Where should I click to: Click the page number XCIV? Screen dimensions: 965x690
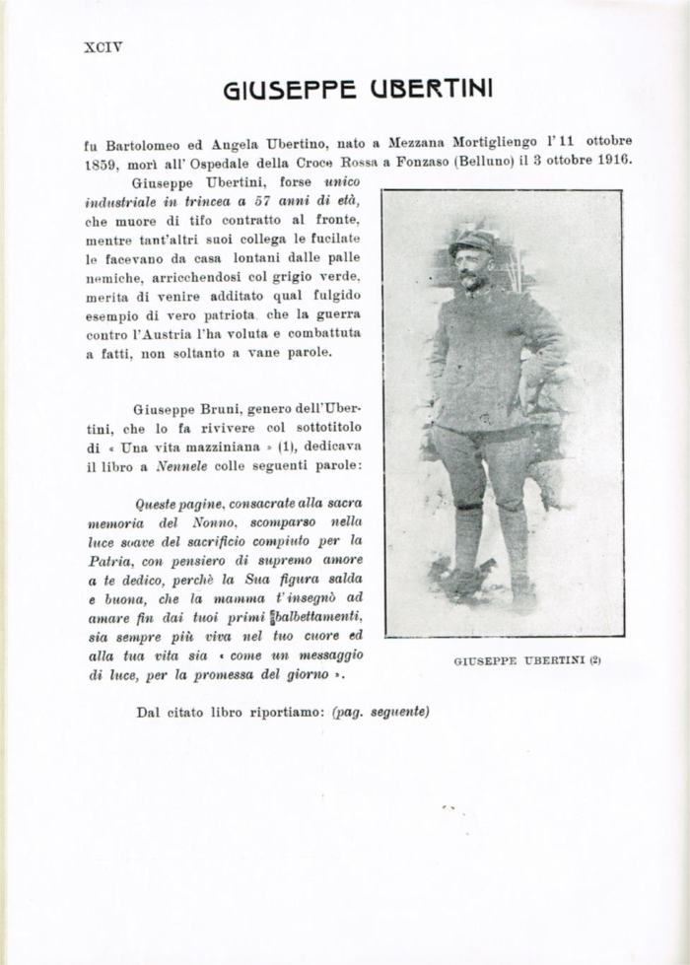[103, 45]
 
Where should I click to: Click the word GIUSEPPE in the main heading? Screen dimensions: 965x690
[289, 91]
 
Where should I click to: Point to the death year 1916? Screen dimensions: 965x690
[610, 161]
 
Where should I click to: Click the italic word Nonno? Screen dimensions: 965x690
[226, 522]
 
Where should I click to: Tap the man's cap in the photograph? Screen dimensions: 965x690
[472, 241]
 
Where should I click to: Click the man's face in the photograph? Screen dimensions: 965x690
[473, 266]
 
